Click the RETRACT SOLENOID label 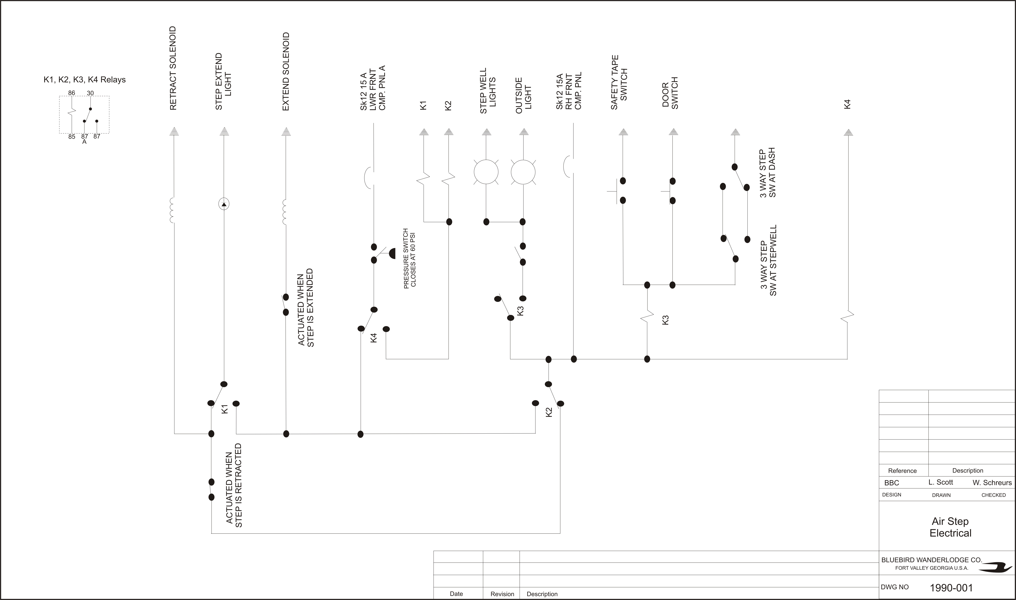point(173,68)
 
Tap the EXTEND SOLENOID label point(286,72)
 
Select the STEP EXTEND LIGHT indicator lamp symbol point(224,204)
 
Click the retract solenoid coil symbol point(172,210)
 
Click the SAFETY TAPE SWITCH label point(619,83)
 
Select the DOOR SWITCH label point(670,93)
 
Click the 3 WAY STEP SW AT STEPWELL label point(768,260)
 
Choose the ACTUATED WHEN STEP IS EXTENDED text point(306,308)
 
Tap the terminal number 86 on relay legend point(72,93)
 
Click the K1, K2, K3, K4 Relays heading point(85,80)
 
